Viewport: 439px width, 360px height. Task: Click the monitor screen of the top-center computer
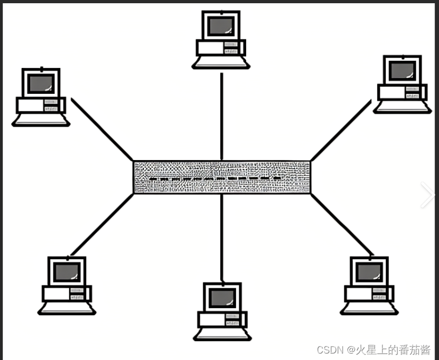221,25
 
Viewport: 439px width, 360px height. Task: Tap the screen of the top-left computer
41,83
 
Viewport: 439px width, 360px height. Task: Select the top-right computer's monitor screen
402,70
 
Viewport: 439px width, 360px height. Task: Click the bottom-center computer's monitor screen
222,297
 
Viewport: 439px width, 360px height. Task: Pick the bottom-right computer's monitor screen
370,272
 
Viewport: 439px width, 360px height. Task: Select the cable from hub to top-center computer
221,116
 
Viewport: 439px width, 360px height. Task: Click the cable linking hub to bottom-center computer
221,237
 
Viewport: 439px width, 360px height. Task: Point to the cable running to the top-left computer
102,129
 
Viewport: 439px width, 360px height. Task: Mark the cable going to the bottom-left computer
102,224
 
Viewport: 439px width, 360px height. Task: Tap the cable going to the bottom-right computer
341,224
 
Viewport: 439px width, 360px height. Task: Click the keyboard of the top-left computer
41,120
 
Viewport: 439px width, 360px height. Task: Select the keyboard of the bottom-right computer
370,308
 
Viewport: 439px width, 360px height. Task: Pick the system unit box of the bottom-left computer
67,293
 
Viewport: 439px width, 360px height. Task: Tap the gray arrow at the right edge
428,195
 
